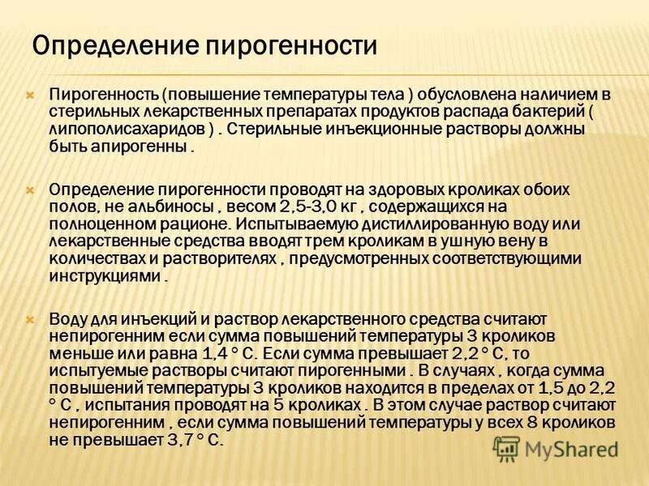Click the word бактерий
click(x=539, y=113)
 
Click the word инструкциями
click(x=105, y=277)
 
